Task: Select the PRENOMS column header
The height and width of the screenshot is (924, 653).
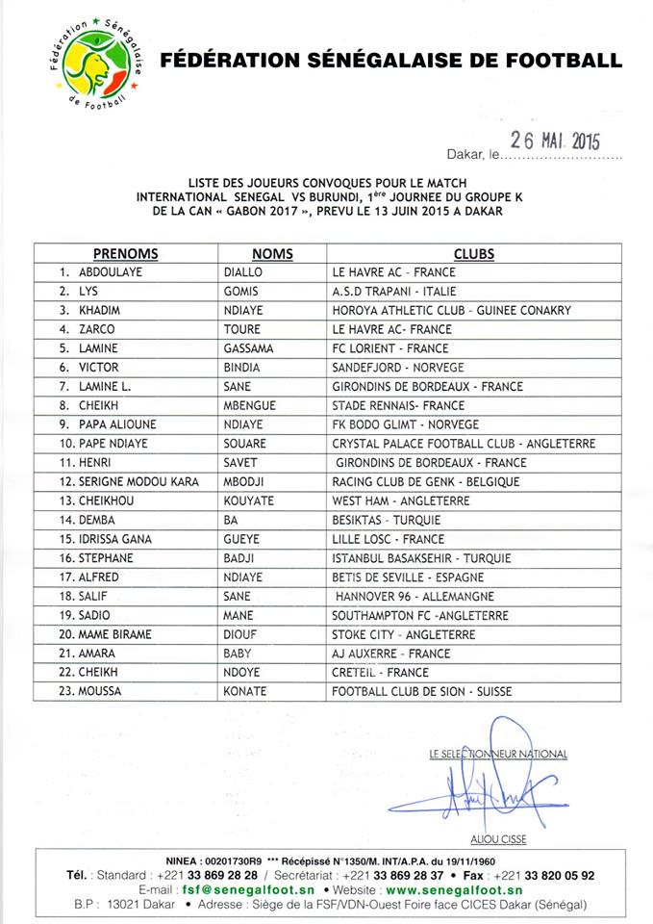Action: click(x=125, y=254)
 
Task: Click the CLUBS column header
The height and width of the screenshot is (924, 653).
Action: click(x=474, y=254)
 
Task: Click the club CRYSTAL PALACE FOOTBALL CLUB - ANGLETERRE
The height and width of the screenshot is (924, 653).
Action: click(x=464, y=444)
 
